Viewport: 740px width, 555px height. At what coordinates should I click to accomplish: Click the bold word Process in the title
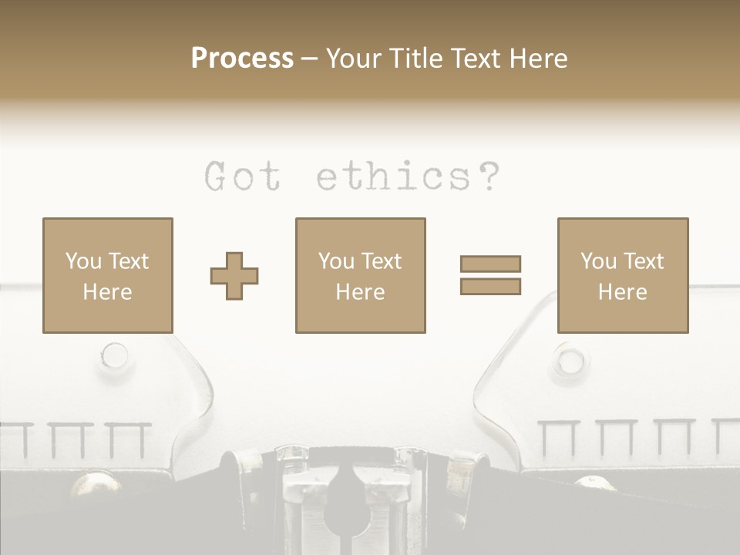pos(242,59)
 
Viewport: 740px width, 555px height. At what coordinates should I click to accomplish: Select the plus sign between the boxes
pos(234,275)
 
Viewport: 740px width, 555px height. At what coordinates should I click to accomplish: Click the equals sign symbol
pos(490,275)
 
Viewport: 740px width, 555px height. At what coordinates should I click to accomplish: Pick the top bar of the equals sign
pos(490,264)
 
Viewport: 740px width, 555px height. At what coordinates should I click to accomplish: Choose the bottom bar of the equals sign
pos(490,286)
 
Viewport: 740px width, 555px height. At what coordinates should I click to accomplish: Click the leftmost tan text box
pos(108,275)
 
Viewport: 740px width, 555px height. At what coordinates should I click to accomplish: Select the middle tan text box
pos(360,275)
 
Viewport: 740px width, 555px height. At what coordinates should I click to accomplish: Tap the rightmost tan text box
pos(623,275)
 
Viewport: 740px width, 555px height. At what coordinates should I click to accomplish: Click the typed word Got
pos(242,177)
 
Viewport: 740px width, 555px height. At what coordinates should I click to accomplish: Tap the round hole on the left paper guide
pos(115,355)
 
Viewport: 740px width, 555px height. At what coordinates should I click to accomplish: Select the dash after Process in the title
pos(310,59)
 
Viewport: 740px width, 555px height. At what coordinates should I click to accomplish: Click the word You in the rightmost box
pos(598,261)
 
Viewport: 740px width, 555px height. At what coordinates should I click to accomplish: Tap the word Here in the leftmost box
pos(108,292)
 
